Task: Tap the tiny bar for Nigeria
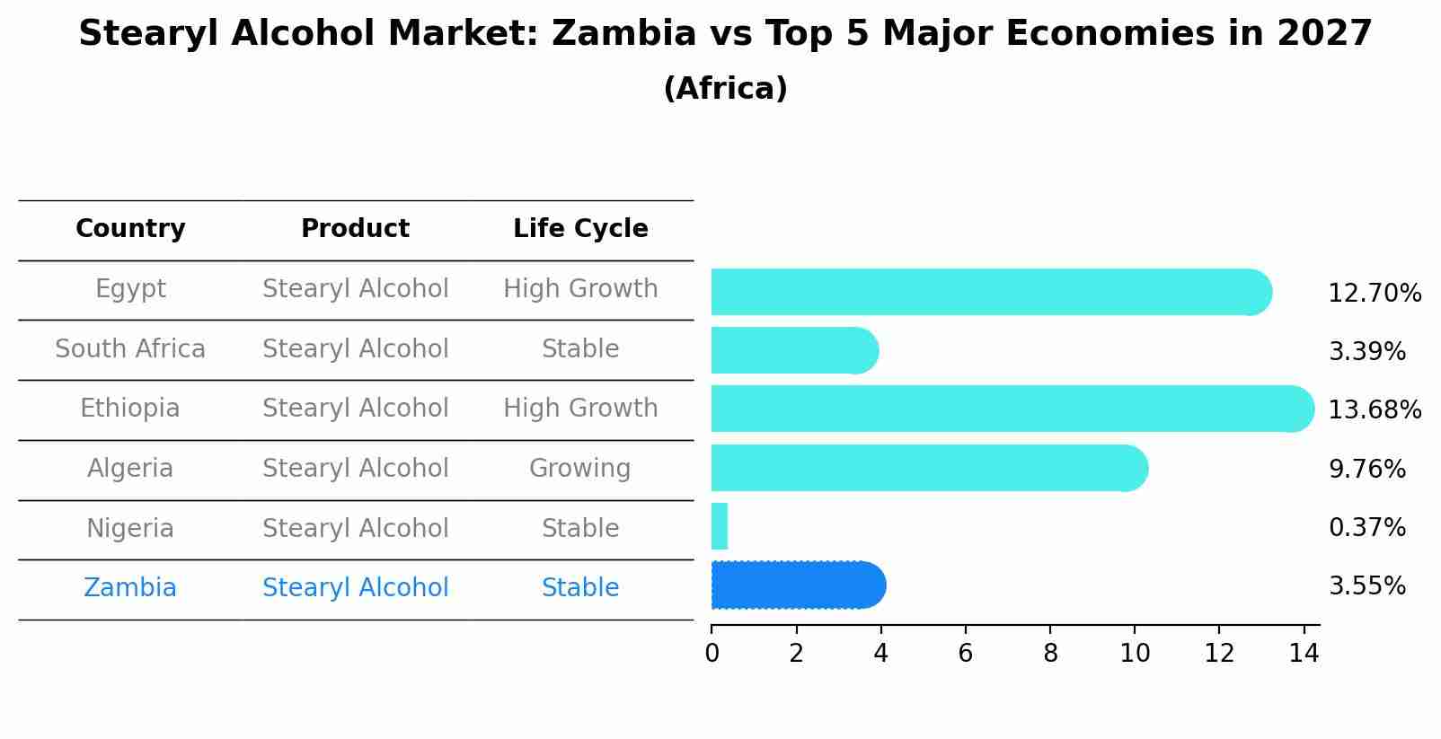coord(719,526)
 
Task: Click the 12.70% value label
coord(1375,294)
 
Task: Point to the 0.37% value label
coord(1366,527)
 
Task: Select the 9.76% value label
coord(1366,469)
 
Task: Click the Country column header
coord(130,229)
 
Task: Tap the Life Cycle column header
coord(580,229)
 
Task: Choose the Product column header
coord(355,229)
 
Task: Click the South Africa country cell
coord(130,348)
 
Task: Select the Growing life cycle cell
coord(579,468)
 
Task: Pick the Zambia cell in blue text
coord(130,587)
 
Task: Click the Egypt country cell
coord(130,289)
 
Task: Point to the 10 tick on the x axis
coord(1135,653)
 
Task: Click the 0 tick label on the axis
coord(712,653)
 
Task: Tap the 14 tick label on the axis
coord(1304,653)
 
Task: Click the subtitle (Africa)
coord(725,88)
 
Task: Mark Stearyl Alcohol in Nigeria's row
coord(355,528)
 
